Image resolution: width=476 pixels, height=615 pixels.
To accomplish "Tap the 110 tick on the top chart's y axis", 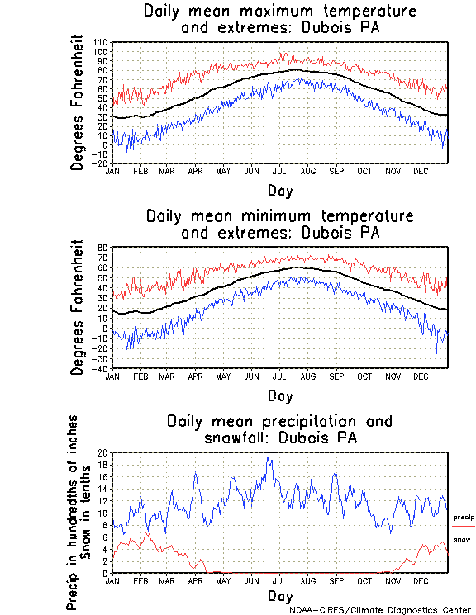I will (x=101, y=42).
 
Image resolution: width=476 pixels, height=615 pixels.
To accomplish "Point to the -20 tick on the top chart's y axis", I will (x=101, y=163).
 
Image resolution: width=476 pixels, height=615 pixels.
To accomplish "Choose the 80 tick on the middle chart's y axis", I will (x=103, y=248).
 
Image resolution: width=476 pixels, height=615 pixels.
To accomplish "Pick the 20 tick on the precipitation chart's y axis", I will (x=103, y=453).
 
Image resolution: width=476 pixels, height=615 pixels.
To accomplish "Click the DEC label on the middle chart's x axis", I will (x=420, y=376).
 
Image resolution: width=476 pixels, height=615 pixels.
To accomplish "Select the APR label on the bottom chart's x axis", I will (x=196, y=581).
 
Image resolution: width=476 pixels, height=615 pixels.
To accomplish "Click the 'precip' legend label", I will (x=464, y=517).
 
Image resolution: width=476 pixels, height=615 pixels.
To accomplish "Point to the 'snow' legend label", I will (x=461, y=539).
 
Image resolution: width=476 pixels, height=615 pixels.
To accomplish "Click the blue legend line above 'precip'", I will (x=464, y=504).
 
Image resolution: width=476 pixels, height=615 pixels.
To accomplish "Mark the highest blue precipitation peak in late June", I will (x=269, y=459).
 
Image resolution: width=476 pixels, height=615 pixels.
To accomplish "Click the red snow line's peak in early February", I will (x=148, y=532).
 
